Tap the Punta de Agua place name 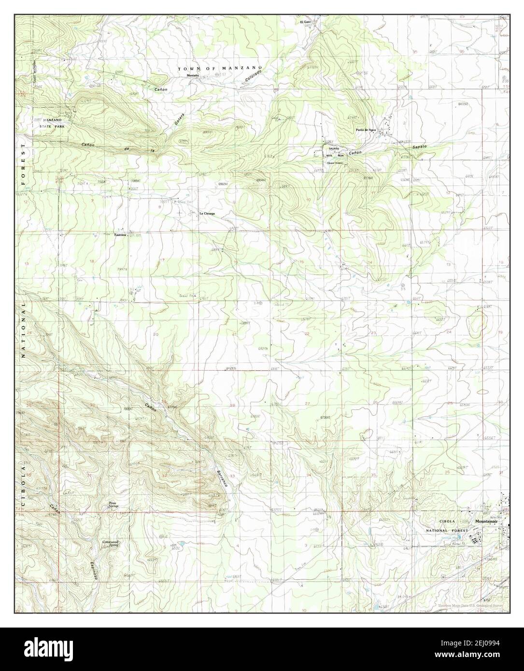click(366, 130)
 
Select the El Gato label click(305, 22)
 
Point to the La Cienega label click(207, 213)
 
